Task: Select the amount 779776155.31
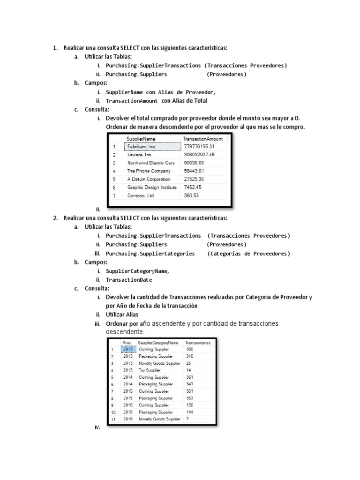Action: pos(200,147)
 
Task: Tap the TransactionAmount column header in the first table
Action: pos(202,139)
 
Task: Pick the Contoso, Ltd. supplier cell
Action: pos(141,195)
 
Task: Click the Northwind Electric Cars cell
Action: pos(150,163)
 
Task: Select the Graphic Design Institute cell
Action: pos(152,187)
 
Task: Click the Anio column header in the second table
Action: pos(127,343)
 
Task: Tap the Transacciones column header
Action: pos(198,343)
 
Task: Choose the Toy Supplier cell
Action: pos(150,370)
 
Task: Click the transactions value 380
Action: pos(189,349)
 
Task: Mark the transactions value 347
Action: pos(189,384)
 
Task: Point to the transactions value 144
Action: pos(189,412)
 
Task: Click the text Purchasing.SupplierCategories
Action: pos(150,254)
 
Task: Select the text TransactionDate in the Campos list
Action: pos(129,280)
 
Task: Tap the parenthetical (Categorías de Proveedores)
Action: pos(248,254)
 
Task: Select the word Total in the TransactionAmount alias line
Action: pos(199,101)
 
